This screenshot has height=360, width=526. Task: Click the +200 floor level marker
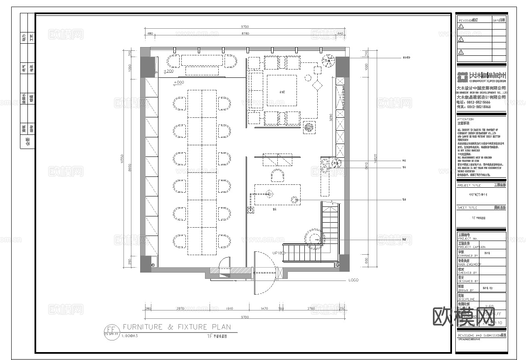pyautogui.click(x=168, y=72)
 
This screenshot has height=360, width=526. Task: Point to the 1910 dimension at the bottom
pyautogui.click(x=229, y=308)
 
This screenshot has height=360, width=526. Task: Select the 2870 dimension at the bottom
pyautogui.click(x=180, y=308)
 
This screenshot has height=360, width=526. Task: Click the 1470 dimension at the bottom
pyautogui.click(x=264, y=308)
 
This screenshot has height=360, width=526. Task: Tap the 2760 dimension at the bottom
pyautogui.click(x=311, y=308)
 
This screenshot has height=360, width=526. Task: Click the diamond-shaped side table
pyautogui.click(x=317, y=86)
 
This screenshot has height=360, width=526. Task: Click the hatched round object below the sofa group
pyautogui.click(x=309, y=128)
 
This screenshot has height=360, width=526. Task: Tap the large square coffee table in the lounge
pyautogui.click(x=282, y=91)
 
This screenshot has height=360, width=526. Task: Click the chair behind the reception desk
pyautogui.click(x=277, y=176)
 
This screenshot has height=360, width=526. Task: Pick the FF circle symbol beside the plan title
pyautogui.click(x=111, y=329)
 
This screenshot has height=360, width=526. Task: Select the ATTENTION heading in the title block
pyautogui.click(x=465, y=119)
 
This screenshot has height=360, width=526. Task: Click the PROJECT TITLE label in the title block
pyautogui.click(x=469, y=185)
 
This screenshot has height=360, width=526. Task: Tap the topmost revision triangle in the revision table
pyautogui.click(x=461, y=26)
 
